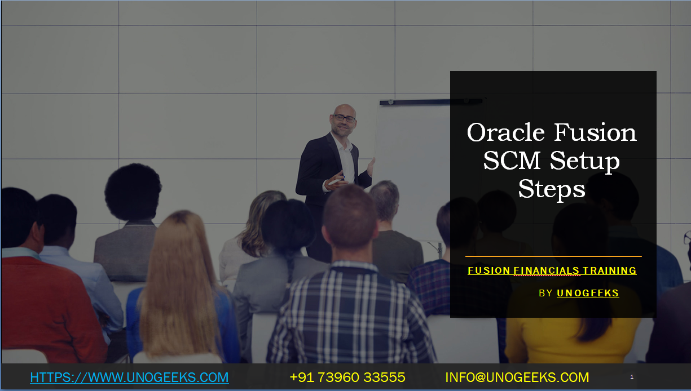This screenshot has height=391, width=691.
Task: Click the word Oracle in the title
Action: point(506,133)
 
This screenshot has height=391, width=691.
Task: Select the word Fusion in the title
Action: point(595,133)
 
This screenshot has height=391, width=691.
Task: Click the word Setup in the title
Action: point(585,162)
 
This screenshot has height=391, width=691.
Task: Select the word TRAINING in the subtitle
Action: point(609,271)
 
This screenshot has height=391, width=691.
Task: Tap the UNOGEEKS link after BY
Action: point(588,293)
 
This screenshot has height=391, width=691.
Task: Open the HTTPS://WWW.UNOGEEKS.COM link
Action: point(129,377)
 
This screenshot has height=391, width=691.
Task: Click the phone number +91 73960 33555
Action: point(347,377)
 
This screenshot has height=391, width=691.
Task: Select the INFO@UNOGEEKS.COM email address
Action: point(517,377)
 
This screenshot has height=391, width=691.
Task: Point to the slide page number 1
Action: point(632,376)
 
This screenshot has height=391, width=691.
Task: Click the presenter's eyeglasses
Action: point(344,118)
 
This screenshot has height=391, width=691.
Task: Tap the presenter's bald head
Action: point(343,109)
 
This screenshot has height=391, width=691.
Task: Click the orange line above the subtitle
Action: point(553,256)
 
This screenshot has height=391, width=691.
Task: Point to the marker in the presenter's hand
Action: point(335,181)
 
